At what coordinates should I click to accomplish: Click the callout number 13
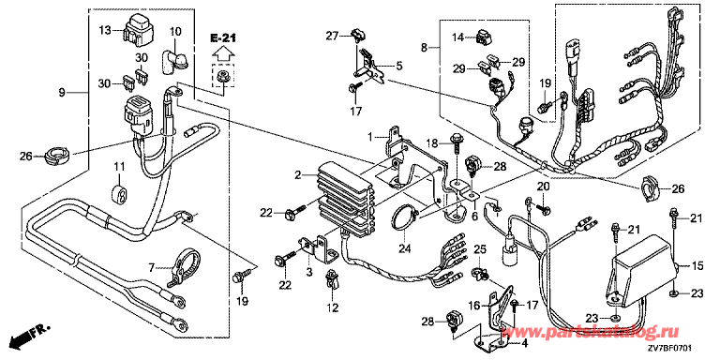(105, 31)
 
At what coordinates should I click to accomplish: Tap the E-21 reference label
(224, 37)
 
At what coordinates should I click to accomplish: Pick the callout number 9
(63, 92)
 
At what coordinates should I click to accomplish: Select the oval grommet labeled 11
(120, 193)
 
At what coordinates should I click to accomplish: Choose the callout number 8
(425, 47)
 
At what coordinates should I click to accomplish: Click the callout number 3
(309, 272)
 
